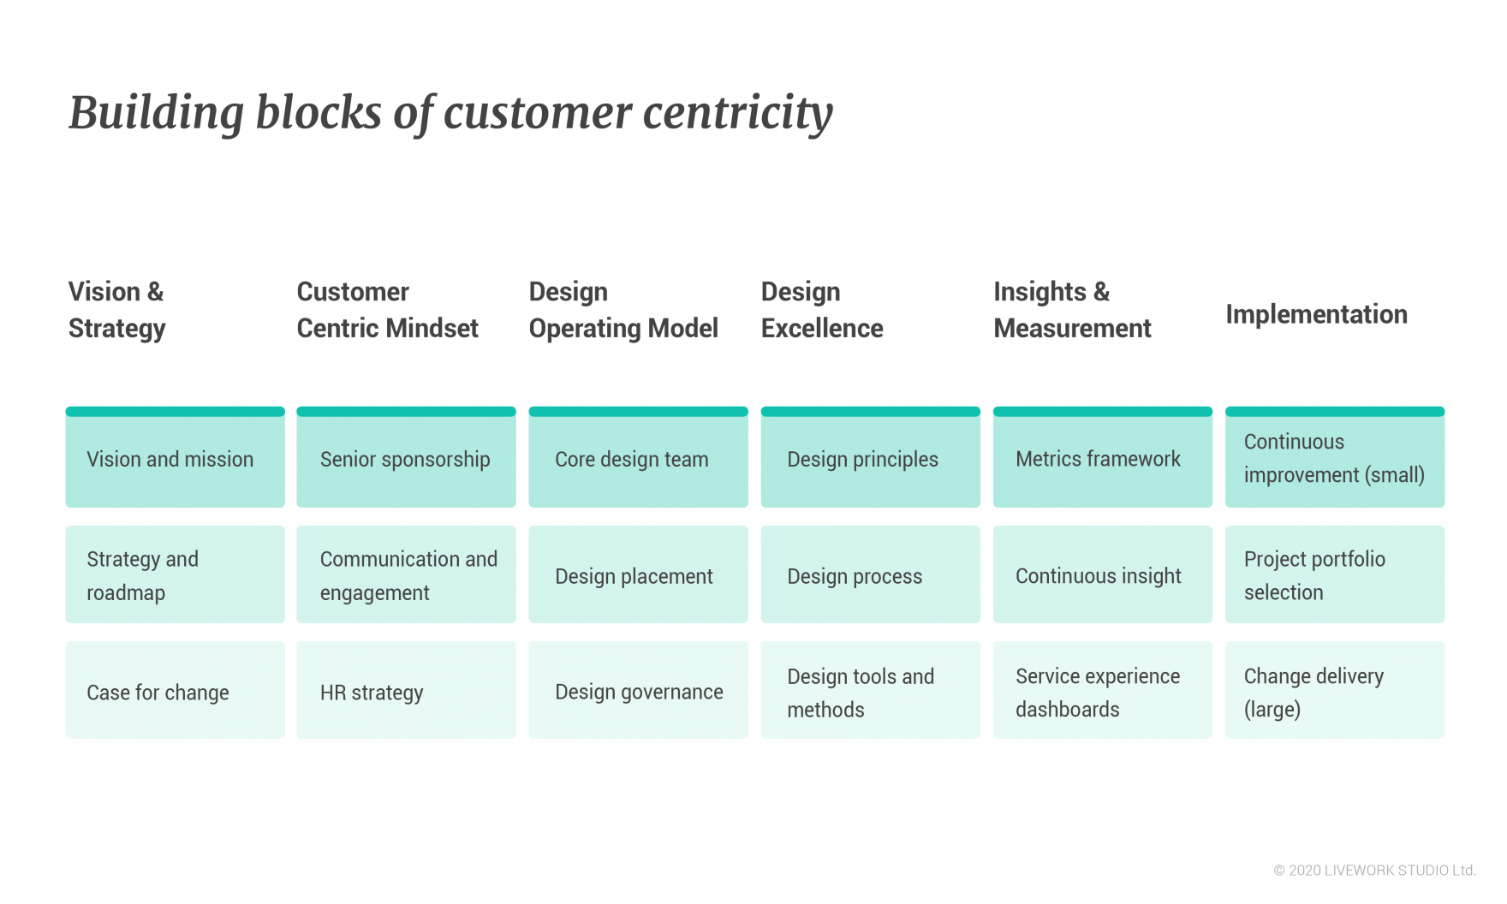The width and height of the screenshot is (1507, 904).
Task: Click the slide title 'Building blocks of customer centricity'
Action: click(450, 113)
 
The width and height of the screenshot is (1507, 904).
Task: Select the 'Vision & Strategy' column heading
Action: click(117, 310)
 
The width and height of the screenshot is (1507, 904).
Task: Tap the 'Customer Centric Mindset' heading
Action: click(388, 310)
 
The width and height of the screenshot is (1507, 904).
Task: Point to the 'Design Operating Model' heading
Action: click(623, 310)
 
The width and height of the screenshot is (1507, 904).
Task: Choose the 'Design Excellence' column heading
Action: click(822, 310)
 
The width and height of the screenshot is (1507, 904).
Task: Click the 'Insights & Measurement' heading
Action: click(1072, 310)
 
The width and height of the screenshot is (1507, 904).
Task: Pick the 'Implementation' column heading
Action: click(1316, 314)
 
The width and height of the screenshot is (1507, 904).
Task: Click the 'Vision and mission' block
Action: click(176, 457)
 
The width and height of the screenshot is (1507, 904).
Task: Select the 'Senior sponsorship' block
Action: click(407, 457)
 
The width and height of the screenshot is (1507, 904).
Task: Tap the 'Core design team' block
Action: click(639, 457)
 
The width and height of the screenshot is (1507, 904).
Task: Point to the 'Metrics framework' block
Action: click(1103, 457)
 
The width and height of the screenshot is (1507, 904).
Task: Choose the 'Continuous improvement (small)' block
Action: click(1335, 457)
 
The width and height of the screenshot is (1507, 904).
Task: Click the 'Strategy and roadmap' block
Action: click(176, 574)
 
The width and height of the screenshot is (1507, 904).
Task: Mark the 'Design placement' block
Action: click(639, 574)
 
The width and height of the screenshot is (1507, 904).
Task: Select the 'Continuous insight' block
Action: click(1103, 574)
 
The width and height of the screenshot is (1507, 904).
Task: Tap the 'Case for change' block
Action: click(176, 690)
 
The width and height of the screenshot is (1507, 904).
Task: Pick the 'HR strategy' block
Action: click(407, 690)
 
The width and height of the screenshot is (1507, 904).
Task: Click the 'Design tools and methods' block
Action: click(871, 690)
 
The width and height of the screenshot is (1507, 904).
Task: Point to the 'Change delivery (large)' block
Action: click(1335, 690)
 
